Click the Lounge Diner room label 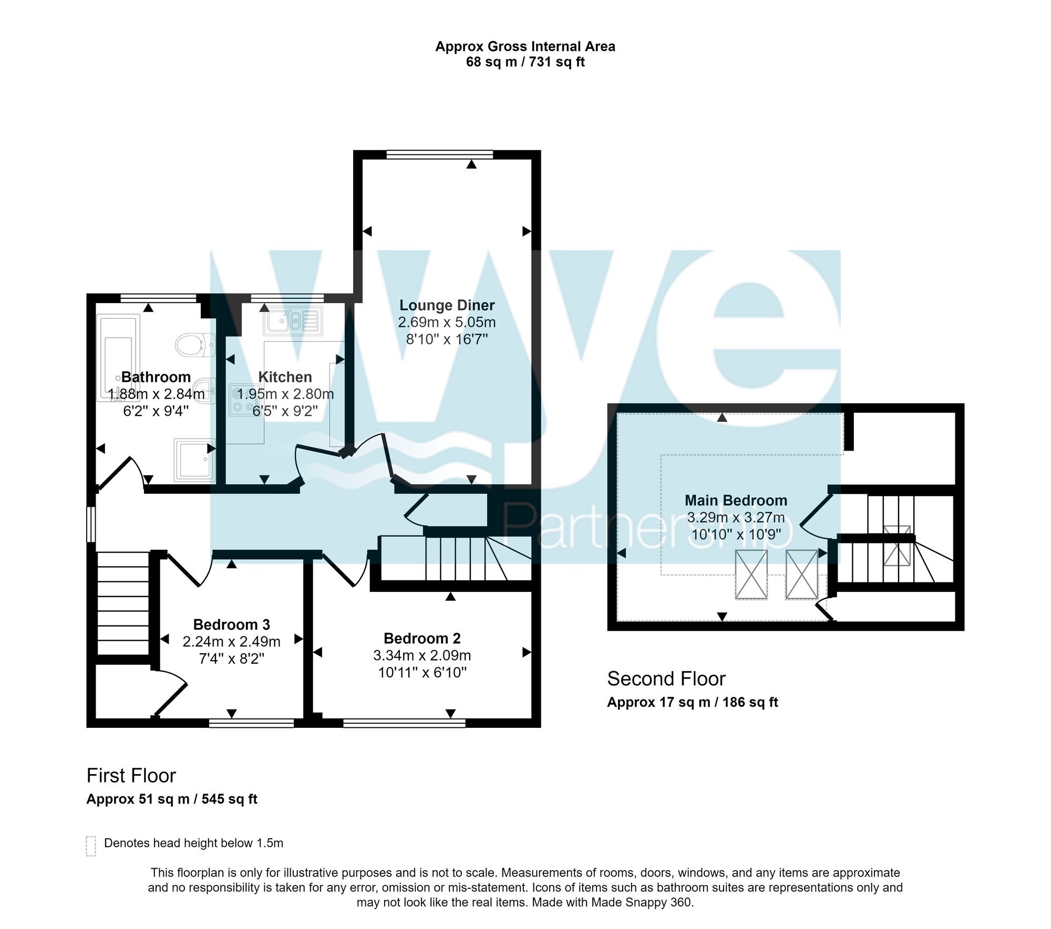(447, 305)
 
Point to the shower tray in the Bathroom (195, 460)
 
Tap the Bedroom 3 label (231, 624)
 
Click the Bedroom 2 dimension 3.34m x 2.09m (422, 655)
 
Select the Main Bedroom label (736, 500)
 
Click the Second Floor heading (666, 679)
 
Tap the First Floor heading (131, 776)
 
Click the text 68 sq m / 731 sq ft (525, 62)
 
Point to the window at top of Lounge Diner (440, 154)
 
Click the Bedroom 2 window (404, 723)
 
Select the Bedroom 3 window (251, 723)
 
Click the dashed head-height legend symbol (91, 846)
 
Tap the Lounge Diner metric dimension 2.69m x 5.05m (447, 322)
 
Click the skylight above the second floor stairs (897, 545)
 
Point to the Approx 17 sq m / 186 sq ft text (693, 703)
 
